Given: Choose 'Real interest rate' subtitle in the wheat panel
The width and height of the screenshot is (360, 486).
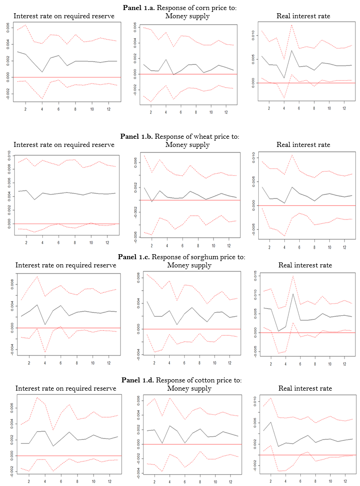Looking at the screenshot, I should pyautogui.click(x=303, y=145).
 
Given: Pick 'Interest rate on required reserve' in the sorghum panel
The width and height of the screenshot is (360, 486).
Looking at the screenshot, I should pyautogui.click(x=66, y=265).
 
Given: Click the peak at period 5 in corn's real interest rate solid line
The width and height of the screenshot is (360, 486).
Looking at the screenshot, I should pyautogui.click(x=292, y=51).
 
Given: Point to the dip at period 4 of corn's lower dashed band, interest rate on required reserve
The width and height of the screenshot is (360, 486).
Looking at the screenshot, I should pyautogui.click(x=42, y=99).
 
